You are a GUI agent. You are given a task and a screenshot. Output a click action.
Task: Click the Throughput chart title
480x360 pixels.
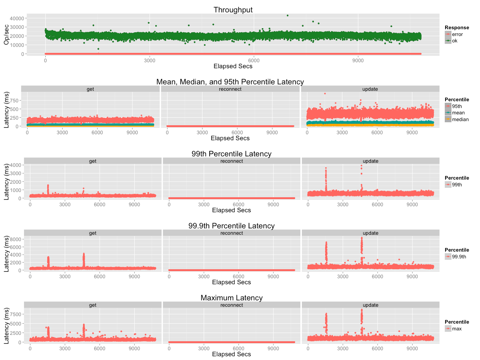[233, 10]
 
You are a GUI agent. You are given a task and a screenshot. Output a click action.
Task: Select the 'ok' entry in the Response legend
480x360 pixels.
[451, 40]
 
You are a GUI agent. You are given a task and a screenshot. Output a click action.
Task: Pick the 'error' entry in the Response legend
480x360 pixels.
[454, 34]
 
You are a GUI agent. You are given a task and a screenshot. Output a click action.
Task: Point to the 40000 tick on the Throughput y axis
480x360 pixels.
[17, 18]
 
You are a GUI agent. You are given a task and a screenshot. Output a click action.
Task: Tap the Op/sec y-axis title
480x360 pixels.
[6, 34]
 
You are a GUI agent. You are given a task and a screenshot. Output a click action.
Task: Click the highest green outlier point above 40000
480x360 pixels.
[288, 15]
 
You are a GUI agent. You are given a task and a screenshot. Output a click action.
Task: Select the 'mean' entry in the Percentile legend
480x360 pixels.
[454, 113]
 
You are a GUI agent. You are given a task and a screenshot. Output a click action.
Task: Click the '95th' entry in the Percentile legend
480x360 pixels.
[453, 106]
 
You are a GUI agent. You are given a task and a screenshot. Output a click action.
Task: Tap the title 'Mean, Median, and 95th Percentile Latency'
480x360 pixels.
[230, 82]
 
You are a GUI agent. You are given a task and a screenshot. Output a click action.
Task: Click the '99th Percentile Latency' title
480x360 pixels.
[231, 154]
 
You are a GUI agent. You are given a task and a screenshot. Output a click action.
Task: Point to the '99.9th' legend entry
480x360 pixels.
[455, 256]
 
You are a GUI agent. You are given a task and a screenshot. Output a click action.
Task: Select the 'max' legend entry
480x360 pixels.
[453, 328]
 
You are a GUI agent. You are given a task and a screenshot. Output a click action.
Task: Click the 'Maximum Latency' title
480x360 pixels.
[232, 298]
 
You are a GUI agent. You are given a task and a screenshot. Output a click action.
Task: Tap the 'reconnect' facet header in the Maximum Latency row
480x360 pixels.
[232, 305]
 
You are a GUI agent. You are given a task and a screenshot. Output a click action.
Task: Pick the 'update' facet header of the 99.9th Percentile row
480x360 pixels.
[370, 233]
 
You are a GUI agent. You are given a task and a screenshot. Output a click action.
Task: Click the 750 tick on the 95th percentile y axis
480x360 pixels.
[14, 100]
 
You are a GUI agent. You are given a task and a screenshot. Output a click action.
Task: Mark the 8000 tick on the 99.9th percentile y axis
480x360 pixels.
[15, 239]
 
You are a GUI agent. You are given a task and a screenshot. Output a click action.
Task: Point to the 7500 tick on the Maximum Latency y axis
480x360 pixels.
[15, 314]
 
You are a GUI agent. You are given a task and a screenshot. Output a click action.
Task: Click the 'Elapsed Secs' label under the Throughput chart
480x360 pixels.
[233, 66]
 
